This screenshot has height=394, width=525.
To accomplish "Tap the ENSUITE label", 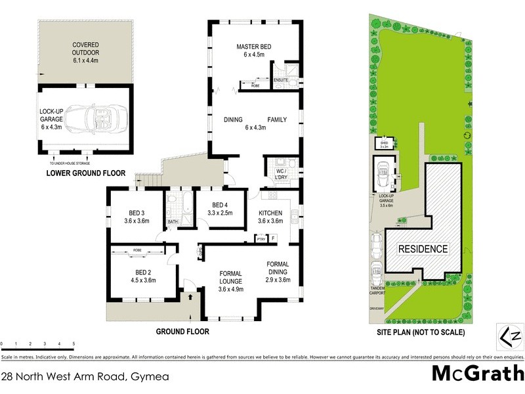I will click(x=282, y=79).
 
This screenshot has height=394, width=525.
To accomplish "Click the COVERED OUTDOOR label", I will click(x=85, y=49).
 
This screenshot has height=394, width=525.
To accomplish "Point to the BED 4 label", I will click(x=215, y=207).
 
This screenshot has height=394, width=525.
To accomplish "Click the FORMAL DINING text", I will click(x=278, y=269).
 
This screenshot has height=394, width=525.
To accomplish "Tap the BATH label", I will click(x=173, y=222).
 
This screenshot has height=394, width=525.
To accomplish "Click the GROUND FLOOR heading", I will click(x=182, y=332).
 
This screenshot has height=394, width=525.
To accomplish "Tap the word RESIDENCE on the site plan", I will click(x=423, y=249).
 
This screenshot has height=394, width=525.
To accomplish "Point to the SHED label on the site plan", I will click(x=383, y=142).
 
